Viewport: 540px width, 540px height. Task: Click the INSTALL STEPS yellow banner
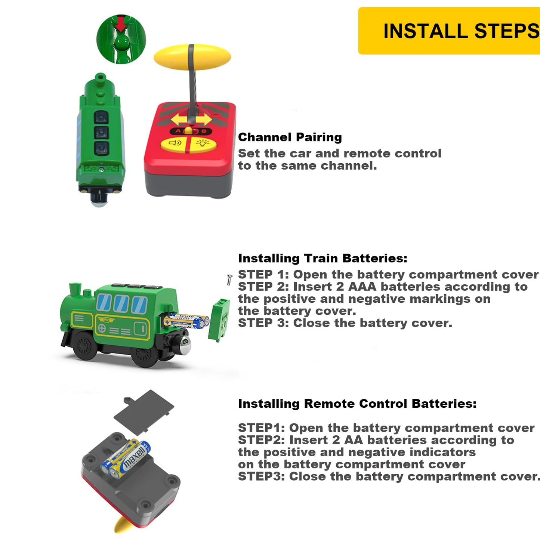[x=449, y=31]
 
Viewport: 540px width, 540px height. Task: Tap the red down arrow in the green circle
[x=121, y=25]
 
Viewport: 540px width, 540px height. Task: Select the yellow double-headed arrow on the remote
[x=191, y=120]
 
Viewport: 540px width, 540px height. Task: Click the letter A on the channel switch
[x=178, y=131]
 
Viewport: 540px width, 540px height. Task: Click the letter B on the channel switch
[x=204, y=131]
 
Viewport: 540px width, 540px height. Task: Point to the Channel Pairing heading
[x=290, y=137]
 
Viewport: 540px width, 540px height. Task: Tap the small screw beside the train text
[x=229, y=280]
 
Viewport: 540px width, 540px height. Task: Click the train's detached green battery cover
[x=219, y=320]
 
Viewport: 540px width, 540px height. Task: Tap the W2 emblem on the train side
[x=106, y=320]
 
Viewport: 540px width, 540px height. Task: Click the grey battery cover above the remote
[x=144, y=409]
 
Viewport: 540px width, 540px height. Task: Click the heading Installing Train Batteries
[x=323, y=258]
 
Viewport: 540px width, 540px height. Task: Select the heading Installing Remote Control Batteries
[x=357, y=404]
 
